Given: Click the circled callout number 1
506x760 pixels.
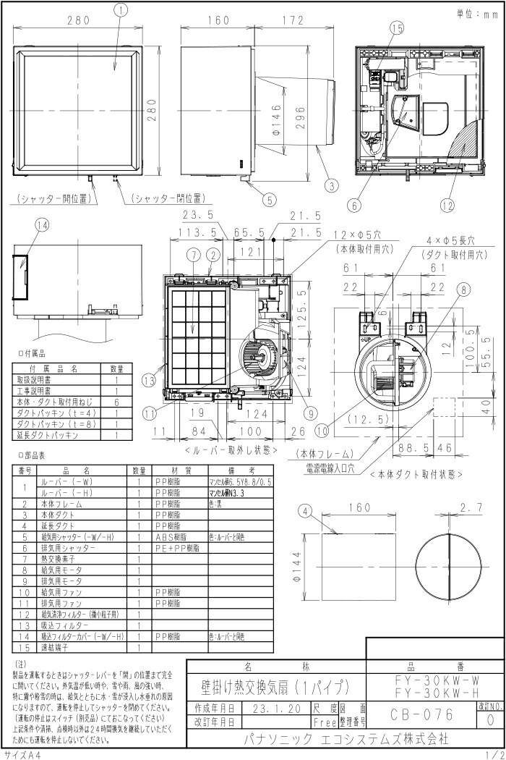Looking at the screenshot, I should (x=121, y=9).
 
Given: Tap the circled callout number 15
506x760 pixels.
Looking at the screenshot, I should (x=396, y=28).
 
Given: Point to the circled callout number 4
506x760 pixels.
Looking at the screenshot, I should (x=306, y=511).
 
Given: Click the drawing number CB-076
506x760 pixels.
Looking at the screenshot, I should (x=422, y=715).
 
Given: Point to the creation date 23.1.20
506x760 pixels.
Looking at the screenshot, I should (x=277, y=708).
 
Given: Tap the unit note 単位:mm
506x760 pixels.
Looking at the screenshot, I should (x=477, y=12).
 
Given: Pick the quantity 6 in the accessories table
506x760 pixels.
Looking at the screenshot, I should (x=116, y=402).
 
